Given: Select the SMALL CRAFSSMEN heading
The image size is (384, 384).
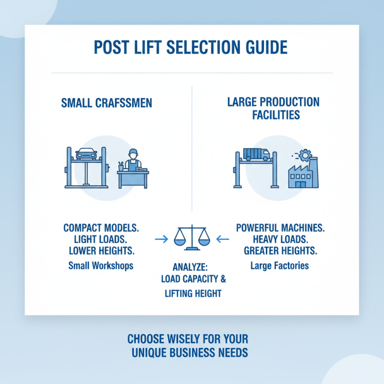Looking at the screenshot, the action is (x=107, y=103).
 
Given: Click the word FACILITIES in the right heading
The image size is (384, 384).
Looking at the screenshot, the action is (x=276, y=115).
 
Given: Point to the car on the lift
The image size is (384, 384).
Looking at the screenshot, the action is (x=86, y=154).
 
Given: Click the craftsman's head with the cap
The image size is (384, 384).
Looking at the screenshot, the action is (x=133, y=154).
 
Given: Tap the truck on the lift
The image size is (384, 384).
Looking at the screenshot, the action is (x=256, y=155).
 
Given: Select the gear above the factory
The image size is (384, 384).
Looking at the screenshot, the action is (x=305, y=155).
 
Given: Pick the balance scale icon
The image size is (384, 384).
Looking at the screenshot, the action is (x=192, y=238).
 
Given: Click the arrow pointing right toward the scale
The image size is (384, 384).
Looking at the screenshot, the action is (x=162, y=239).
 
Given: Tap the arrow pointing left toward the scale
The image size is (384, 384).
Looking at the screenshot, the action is (x=223, y=239).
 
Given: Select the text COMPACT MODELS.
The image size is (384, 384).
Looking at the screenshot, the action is (x=101, y=228).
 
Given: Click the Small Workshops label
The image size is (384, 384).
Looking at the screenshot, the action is (x=101, y=266).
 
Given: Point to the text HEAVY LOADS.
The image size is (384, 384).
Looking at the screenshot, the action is (x=281, y=239).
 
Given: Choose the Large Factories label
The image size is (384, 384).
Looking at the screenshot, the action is (x=280, y=266).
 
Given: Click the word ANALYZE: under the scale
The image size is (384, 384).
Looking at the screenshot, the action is (x=190, y=267).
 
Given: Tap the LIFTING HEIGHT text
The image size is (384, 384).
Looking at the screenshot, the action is (x=193, y=293).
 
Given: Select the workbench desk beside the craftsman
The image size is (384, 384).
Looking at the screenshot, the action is (x=133, y=179).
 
